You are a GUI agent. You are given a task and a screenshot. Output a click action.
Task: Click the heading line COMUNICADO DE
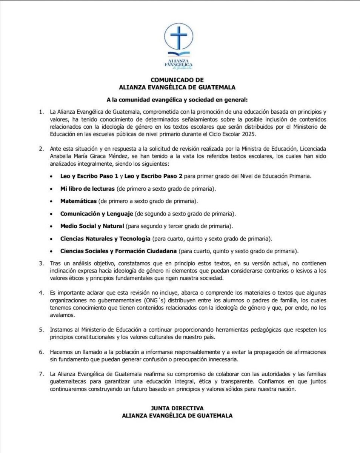pyautogui.click(x=177, y=80)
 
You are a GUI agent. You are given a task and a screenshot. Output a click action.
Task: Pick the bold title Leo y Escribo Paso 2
pyautogui.click(x=147, y=176)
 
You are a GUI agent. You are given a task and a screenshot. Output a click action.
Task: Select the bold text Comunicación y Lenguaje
pyautogui.click(x=97, y=213)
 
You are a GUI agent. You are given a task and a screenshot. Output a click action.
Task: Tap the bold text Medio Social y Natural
pyautogui.click(x=92, y=226)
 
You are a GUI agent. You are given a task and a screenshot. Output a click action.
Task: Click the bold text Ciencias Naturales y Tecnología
pyautogui.click(x=106, y=239)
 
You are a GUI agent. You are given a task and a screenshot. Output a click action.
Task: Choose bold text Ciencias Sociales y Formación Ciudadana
pyautogui.click(x=118, y=251)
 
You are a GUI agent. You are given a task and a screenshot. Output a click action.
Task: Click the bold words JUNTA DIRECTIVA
pyautogui.click(x=177, y=408)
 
